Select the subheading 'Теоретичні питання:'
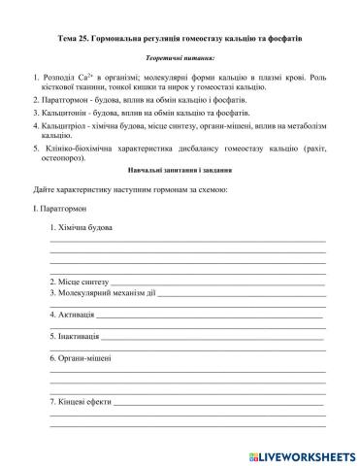pyautogui.click(x=180, y=59)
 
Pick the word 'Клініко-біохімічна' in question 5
pyautogui.click(x=77, y=151)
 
